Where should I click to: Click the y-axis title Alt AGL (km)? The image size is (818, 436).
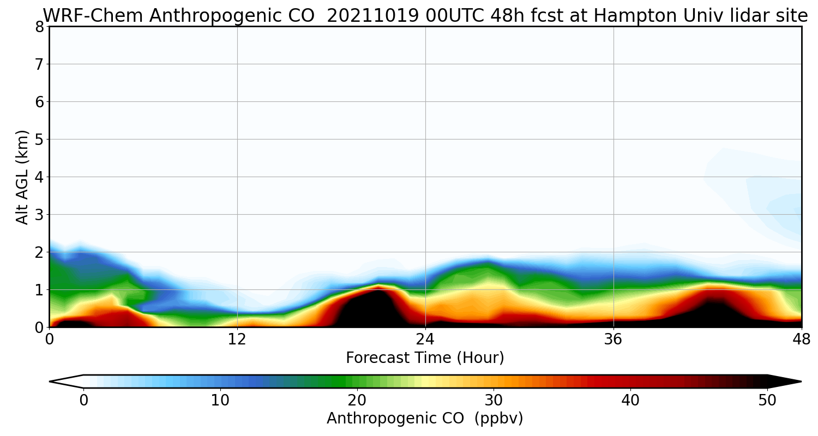tap(22, 177)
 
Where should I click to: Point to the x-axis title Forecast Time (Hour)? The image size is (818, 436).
tap(425, 358)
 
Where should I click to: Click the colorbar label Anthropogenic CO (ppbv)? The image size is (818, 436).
tap(425, 418)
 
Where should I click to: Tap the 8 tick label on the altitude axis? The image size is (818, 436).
tap(39, 26)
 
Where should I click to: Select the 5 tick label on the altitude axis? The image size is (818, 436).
tap(39, 139)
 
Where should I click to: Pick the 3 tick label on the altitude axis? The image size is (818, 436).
tap(39, 214)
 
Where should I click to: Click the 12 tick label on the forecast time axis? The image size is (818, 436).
tap(237, 340)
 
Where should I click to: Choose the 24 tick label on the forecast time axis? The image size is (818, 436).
tap(425, 340)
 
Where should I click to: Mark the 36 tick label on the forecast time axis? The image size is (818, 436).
tap(613, 340)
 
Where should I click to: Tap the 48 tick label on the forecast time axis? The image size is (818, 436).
tap(801, 340)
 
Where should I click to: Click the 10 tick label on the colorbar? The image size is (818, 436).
tap(220, 400)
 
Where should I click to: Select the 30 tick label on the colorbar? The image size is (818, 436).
tap(494, 400)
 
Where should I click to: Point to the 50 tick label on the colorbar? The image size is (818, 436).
tap(767, 400)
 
